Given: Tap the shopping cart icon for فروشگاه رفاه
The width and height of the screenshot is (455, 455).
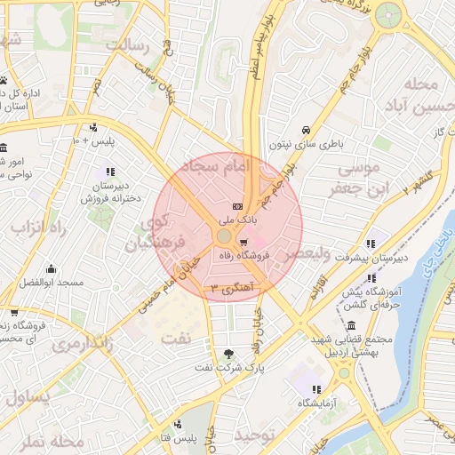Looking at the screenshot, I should tap(243, 243).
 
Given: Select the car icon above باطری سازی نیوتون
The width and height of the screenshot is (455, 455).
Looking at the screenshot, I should tap(307, 129).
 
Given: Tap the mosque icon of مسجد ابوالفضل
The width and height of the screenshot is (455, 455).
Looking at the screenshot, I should tap(51, 269).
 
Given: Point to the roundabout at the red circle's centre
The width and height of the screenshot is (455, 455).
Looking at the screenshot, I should tap(223, 236).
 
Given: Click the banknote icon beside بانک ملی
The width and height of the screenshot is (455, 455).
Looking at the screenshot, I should tap(237, 205).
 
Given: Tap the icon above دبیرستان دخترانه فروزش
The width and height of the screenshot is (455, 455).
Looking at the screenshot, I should tap(110, 172).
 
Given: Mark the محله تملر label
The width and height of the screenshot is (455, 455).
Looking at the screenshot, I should tap(55, 440).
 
